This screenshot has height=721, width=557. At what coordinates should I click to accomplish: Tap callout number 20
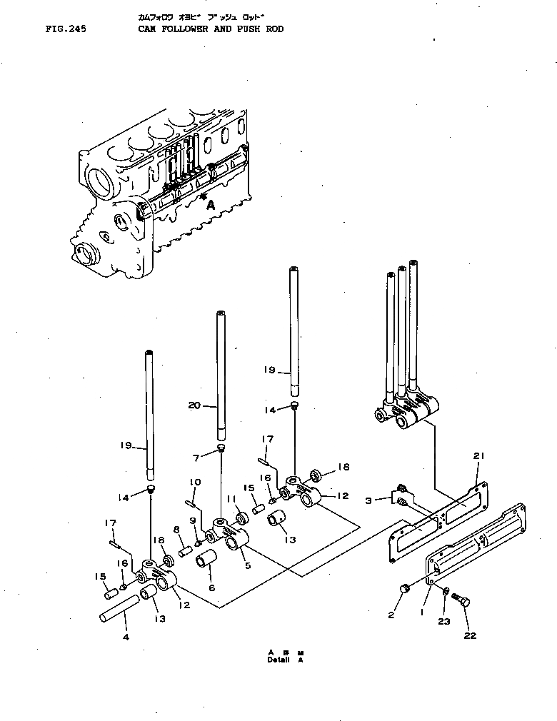click(194, 405)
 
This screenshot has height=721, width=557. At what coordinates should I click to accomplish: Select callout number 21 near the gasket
click(478, 455)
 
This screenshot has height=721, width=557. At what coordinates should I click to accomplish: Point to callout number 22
click(470, 635)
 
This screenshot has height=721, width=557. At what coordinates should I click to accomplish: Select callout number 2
click(391, 614)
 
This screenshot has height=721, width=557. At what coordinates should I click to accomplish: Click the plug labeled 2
click(405, 588)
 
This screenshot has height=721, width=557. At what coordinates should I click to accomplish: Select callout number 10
click(194, 482)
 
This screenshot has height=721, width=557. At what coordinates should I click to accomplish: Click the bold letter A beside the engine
click(211, 204)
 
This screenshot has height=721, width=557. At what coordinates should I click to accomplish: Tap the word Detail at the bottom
click(278, 660)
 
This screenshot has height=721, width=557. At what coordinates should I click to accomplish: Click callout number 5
click(247, 566)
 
